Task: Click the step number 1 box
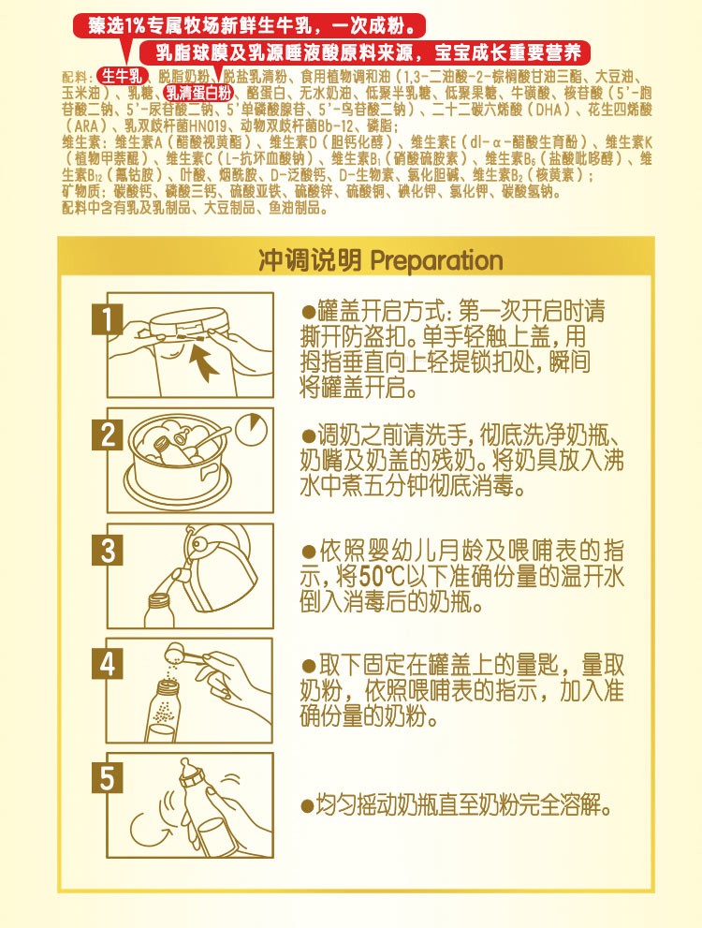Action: coord(110,320)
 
